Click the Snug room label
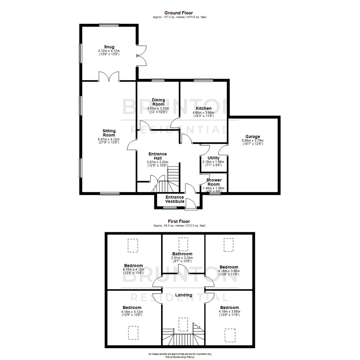[109, 47]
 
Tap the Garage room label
[252, 136]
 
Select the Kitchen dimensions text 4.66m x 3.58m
[203, 113]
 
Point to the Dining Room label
[158, 102]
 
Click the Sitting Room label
[109, 133]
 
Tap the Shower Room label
[214, 182]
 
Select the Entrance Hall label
[157, 156]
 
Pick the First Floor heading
[179, 221]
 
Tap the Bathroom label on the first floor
[182, 254]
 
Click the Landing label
[184, 295]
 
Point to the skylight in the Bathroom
[183, 244]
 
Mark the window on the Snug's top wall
[109, 24]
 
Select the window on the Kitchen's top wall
[203, 80]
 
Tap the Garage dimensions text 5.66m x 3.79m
[252, 141]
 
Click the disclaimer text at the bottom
[180, 355]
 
